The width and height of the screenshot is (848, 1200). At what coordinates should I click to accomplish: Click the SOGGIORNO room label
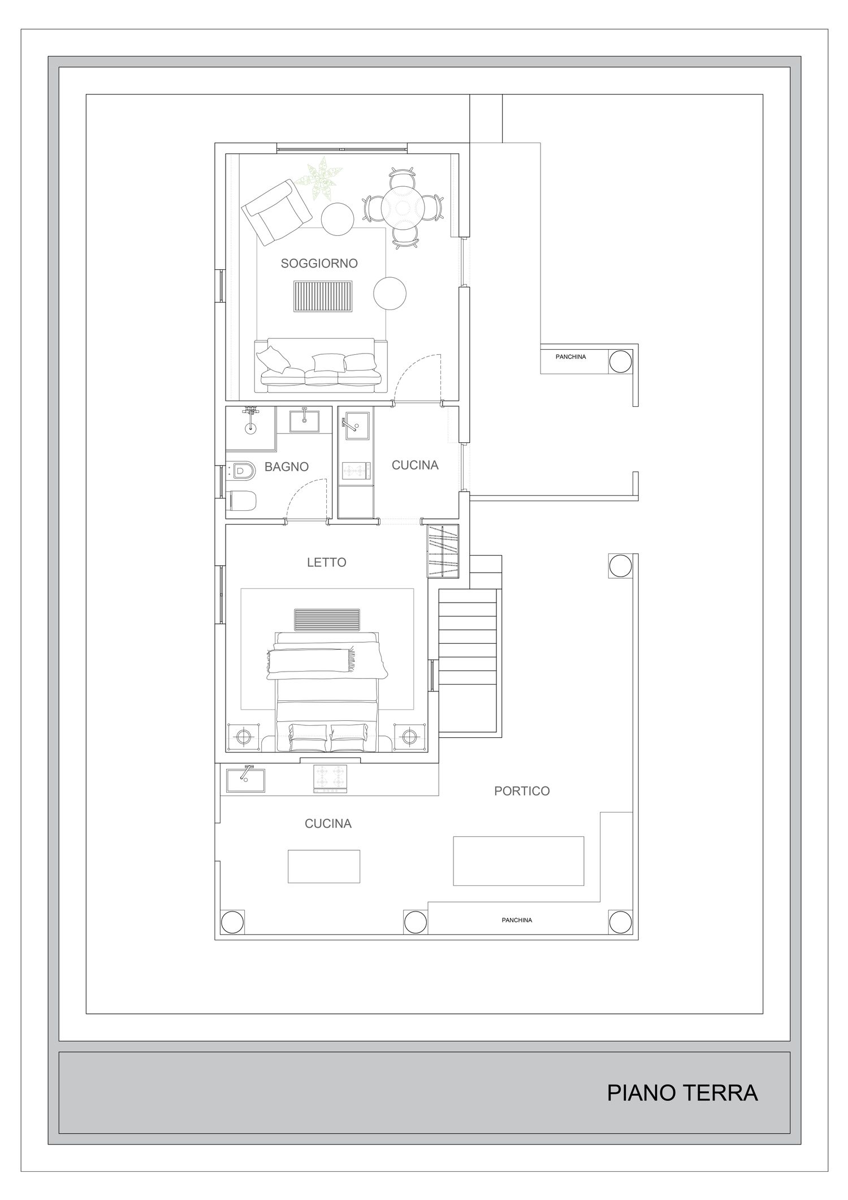[319, 263]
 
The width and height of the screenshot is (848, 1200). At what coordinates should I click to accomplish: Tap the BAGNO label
[287, 467]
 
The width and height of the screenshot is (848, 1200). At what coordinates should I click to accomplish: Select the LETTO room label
[327, 562]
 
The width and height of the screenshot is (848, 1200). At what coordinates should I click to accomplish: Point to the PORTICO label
[522, 791]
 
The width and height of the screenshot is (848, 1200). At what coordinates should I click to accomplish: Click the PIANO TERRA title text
[682, 1093]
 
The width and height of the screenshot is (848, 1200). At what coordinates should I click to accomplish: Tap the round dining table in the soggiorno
[402, 207]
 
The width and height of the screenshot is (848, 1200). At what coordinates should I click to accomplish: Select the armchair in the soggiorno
[277, 212]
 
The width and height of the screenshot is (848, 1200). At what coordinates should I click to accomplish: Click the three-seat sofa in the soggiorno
[321, 365]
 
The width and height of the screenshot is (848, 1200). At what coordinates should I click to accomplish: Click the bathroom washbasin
[304, 421]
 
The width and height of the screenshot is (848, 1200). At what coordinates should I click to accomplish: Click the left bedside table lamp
[244, 737]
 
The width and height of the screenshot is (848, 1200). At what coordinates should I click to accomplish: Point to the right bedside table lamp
[410, 737]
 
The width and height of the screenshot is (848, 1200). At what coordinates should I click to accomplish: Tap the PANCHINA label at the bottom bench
[517, 920]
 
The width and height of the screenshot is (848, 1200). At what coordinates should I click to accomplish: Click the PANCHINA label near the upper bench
[570, 357]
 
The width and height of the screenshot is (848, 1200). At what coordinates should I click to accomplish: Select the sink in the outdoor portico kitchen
[245, 780]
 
